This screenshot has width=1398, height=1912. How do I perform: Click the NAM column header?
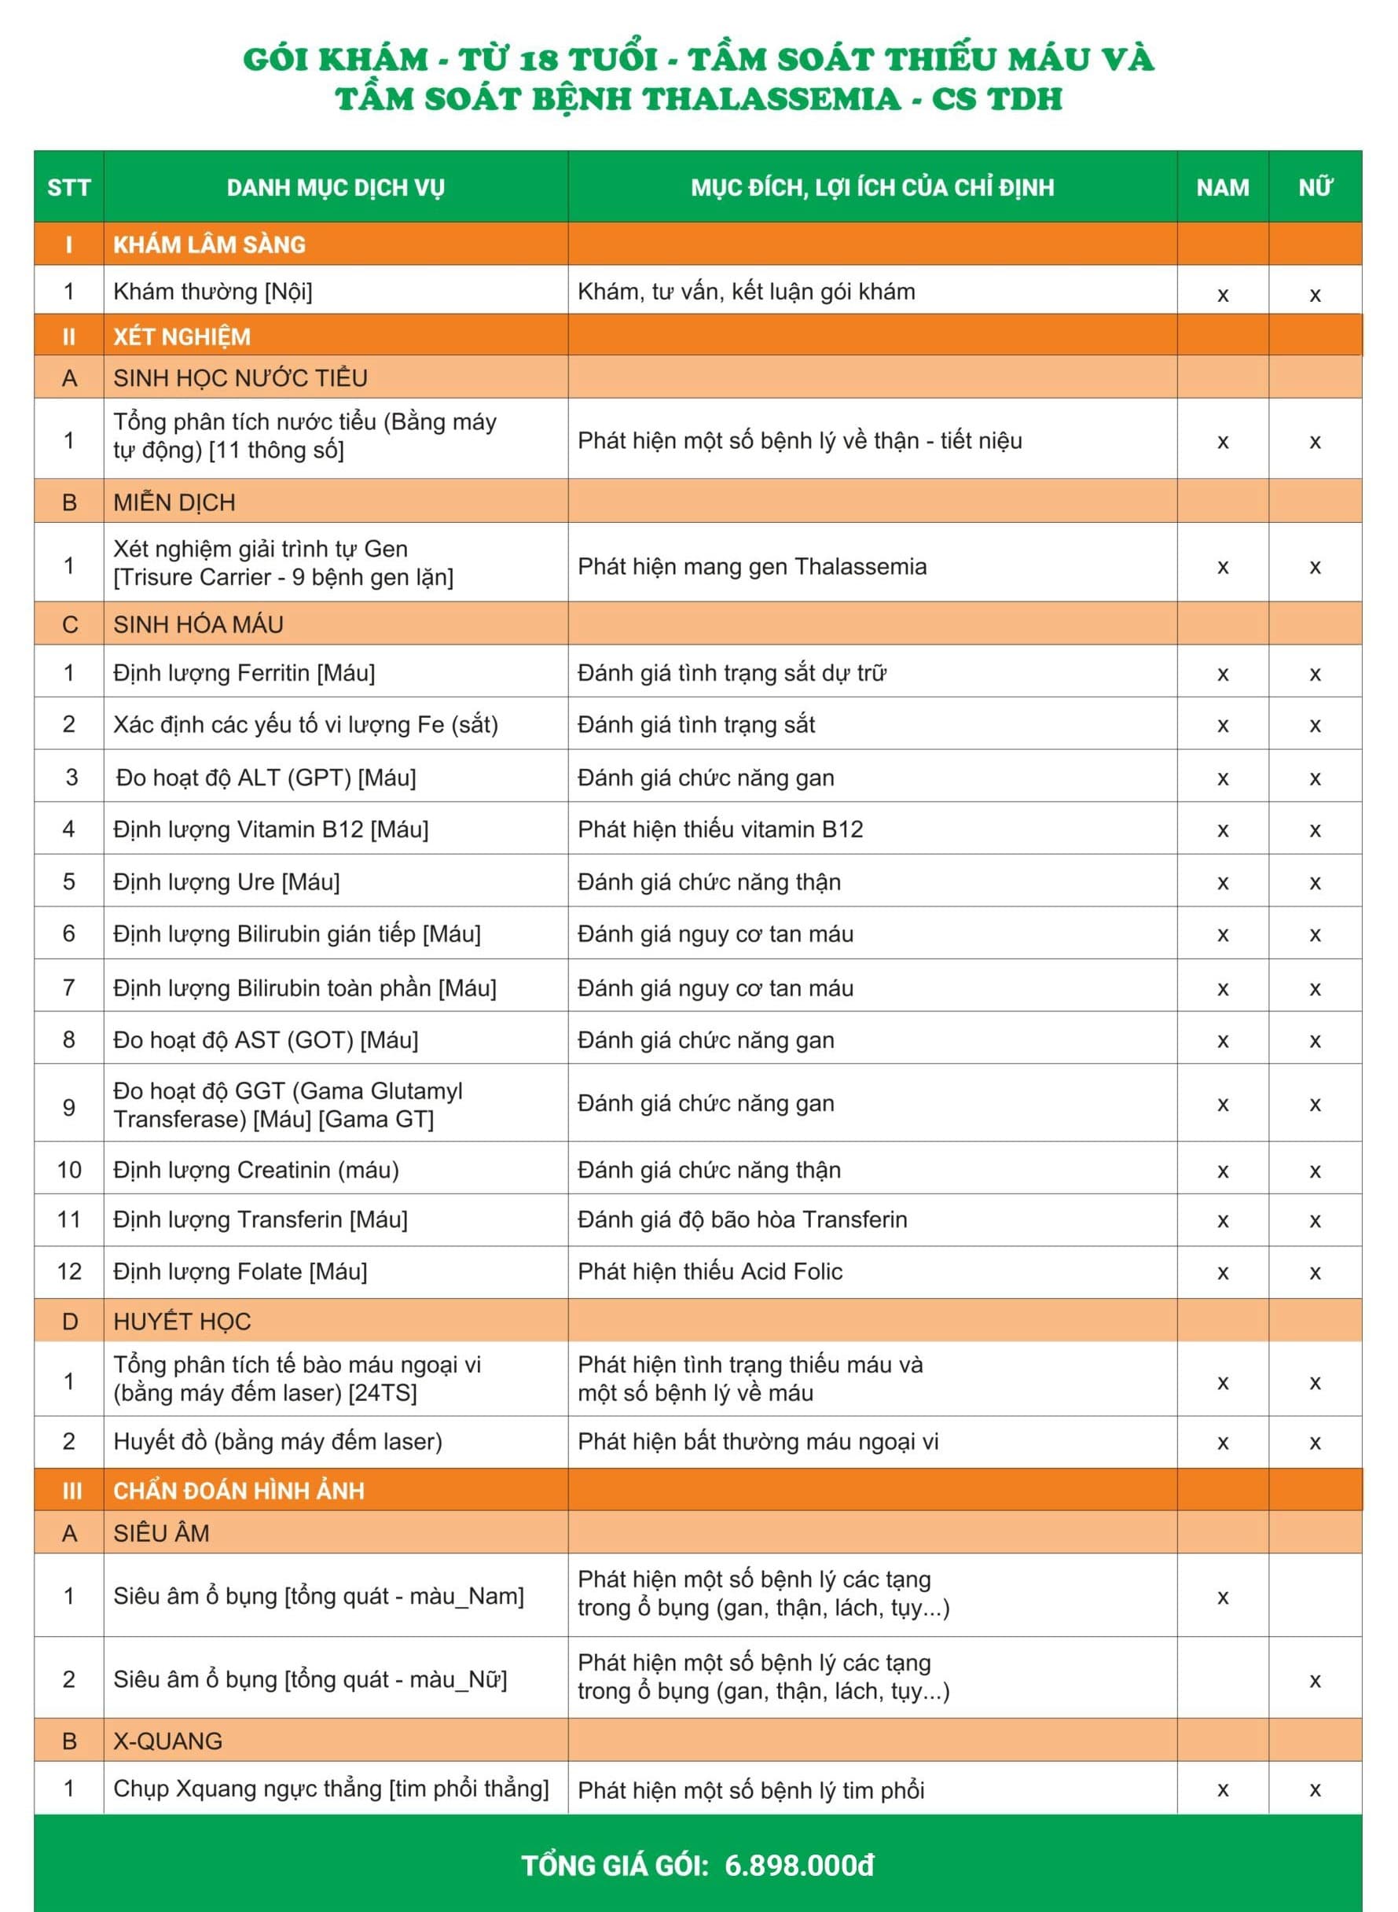pyautogui.click(x=1222, y=187)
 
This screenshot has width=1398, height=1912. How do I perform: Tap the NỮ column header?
pyautogui.click(x=1315, y=187)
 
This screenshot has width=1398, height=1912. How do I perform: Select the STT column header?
pyautogui.click(x=68, y=187)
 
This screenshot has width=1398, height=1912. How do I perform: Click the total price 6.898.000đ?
pyautogui.click(x=799, y=1866)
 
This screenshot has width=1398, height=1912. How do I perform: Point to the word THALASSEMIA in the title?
pyautogui.click(x=770, y=99)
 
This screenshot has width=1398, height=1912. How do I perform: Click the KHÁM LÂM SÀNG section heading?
pyautogui.click(x=209, y=245)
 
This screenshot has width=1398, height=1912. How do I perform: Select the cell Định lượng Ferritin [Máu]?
pyautogui.click(x=244, y=673)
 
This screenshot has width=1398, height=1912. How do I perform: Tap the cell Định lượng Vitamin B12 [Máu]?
pyautogui.click(x=271, y=829)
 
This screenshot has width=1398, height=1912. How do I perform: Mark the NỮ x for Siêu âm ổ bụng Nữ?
pyautogui.click(x=1314, y=1681)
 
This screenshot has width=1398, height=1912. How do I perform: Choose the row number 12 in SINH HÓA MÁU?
pyautogui.click(x=68, y=1271)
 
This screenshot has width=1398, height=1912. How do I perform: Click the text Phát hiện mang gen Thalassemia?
pyautogui.click(x=751, y=566)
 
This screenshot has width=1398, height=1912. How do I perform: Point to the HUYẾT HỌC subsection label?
pyautogui.click(x=182, y=1322)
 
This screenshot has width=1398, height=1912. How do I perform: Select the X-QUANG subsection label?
pyautogui.click(x=167, y=1741)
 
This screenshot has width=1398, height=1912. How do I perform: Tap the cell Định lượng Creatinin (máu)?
pyautogui.click(x=255, y=1170)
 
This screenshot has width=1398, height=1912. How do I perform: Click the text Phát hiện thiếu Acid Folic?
pyautogui.click(x=709, y=1271)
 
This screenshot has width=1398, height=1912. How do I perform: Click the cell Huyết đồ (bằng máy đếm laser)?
pyautogui.click(x=277, y=1441)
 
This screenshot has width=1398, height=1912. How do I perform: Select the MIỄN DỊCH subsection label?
pyautogui.click(x=174, y=502)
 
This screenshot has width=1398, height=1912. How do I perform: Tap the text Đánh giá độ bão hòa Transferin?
pyautogui.click(x=742, y=1219)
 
